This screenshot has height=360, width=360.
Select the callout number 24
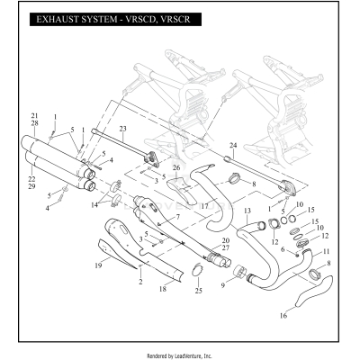click(232, 145)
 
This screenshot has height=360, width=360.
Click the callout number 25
click(198, 290)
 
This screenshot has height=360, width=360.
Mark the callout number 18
click(162, 290)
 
